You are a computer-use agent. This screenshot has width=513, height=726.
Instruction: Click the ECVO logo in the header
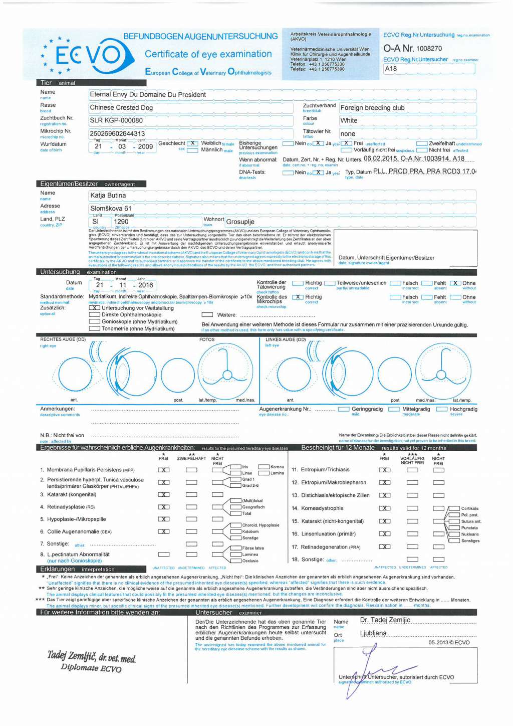(88, 55)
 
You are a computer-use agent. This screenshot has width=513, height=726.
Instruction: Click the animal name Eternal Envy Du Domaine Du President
(148, 94)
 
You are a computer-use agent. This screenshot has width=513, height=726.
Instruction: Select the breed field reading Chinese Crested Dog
(121, 107)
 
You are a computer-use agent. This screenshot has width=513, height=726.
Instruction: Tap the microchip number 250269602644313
(117, 133)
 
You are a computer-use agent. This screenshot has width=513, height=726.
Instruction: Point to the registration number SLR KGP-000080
(116, 120)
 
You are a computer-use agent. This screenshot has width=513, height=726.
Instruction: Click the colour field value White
(349, 120)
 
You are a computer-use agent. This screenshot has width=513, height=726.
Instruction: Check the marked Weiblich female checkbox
(192, 143)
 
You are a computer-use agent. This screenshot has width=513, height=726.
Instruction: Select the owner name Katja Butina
(108, 195)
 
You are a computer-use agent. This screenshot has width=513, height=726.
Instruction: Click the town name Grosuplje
(240, 222)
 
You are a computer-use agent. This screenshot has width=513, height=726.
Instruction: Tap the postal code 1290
(121, 221)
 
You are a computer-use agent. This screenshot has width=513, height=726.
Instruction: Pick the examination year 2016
(146, 285)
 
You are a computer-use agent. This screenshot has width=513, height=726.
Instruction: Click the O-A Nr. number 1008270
(429, 49)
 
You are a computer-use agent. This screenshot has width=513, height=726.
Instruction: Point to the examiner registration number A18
(391, 69)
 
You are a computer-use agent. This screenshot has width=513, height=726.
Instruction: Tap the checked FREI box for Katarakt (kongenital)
(164, 494)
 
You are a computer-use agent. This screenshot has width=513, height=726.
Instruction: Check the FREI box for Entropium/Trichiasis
(385, 470)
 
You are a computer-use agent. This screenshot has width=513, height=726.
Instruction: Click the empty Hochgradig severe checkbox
(442, 409)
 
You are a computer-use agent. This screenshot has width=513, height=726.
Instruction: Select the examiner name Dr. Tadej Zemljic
(385, 620)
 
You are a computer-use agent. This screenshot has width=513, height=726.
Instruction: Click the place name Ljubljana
(373, 633)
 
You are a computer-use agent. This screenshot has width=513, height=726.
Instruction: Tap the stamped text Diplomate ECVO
(91, 668)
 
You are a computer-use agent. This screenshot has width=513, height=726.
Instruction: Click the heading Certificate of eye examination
(208, 54)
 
